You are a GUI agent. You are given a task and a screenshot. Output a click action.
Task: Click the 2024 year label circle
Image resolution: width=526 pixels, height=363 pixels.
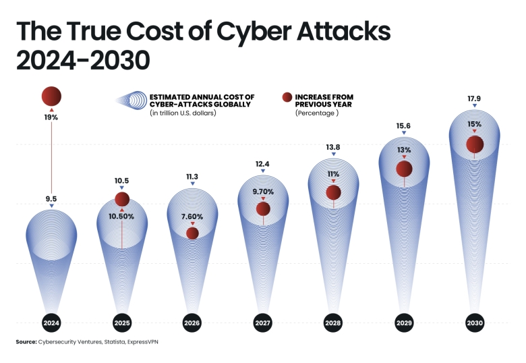pos(51,323)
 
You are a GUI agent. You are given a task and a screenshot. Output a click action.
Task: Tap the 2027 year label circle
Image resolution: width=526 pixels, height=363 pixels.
pos(263,323)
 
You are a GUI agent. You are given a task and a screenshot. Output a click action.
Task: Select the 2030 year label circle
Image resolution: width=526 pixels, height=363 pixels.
pos(474,323)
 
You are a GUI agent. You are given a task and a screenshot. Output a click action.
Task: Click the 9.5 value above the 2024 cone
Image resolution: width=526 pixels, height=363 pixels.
pos(51,199)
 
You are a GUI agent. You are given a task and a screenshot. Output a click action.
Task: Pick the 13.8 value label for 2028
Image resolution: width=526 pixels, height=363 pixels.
pos(333,147)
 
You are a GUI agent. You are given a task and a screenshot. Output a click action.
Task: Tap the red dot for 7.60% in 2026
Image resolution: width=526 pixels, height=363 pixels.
pos(192,233)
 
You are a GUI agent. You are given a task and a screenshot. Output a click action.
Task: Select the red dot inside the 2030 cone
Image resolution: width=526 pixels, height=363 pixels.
pos(474,144)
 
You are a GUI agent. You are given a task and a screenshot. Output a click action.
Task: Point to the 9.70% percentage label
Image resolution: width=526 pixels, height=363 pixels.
pos(263,192)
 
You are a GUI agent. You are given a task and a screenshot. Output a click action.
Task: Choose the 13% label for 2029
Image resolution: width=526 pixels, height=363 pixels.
pos(404,150)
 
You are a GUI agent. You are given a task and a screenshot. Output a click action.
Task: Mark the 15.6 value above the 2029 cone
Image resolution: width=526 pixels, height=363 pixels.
pos(404,125)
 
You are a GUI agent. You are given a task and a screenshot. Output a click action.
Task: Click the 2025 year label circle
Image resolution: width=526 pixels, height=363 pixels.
pos(122,323)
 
